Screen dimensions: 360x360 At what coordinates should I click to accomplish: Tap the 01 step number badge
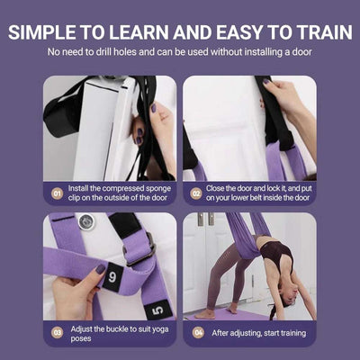(57, 192)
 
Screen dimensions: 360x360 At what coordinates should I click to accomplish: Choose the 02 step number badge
(196, 192)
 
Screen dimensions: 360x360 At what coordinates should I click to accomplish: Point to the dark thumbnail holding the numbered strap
(98, 269)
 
